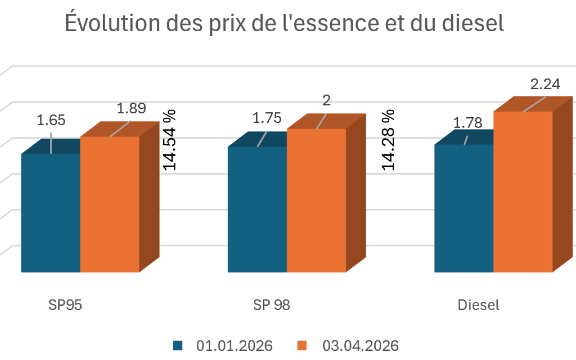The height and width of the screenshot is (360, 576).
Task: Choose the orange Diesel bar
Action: (x=523, y=192)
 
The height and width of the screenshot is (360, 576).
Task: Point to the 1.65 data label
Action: (x=51, y=120)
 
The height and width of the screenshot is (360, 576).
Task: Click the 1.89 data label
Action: (x=131, y=109)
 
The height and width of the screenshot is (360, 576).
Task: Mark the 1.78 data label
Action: (x=468, y=123)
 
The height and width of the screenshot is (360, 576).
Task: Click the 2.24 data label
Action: (x=545, y=84)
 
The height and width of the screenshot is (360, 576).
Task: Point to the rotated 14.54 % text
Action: (x=169, y=140)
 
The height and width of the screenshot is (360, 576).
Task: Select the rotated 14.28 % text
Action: (x=388, y=139)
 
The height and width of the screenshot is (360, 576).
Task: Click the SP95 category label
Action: (x=64, y=305)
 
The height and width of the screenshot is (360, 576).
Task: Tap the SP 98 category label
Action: (x=272, y=305)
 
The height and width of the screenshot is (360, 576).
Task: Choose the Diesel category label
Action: (x=479, y=305)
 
